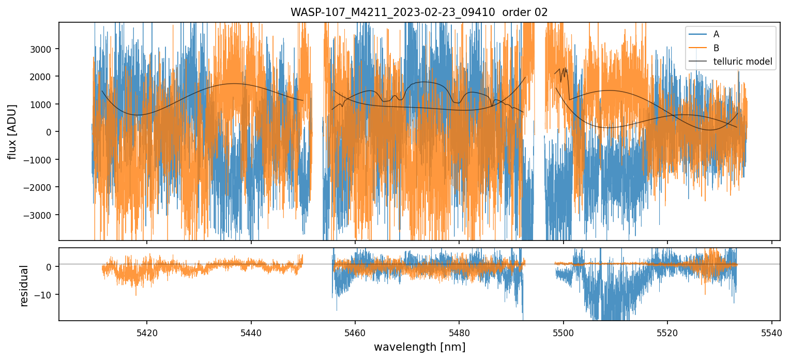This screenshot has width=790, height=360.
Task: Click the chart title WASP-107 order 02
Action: [x=419, y=12]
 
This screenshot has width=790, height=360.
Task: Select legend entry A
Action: [x=716, y=34]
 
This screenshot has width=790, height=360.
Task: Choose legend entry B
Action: [x=716, y=48]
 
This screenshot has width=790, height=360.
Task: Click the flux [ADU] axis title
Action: [x=12, y=131]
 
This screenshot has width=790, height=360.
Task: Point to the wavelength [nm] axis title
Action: [x=419, y=347]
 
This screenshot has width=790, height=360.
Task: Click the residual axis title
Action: [x=23, y=285]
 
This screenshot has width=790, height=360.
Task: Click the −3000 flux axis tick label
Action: [x=41, y=215]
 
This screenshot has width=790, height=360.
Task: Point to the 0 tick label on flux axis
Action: [x=51, y=132]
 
